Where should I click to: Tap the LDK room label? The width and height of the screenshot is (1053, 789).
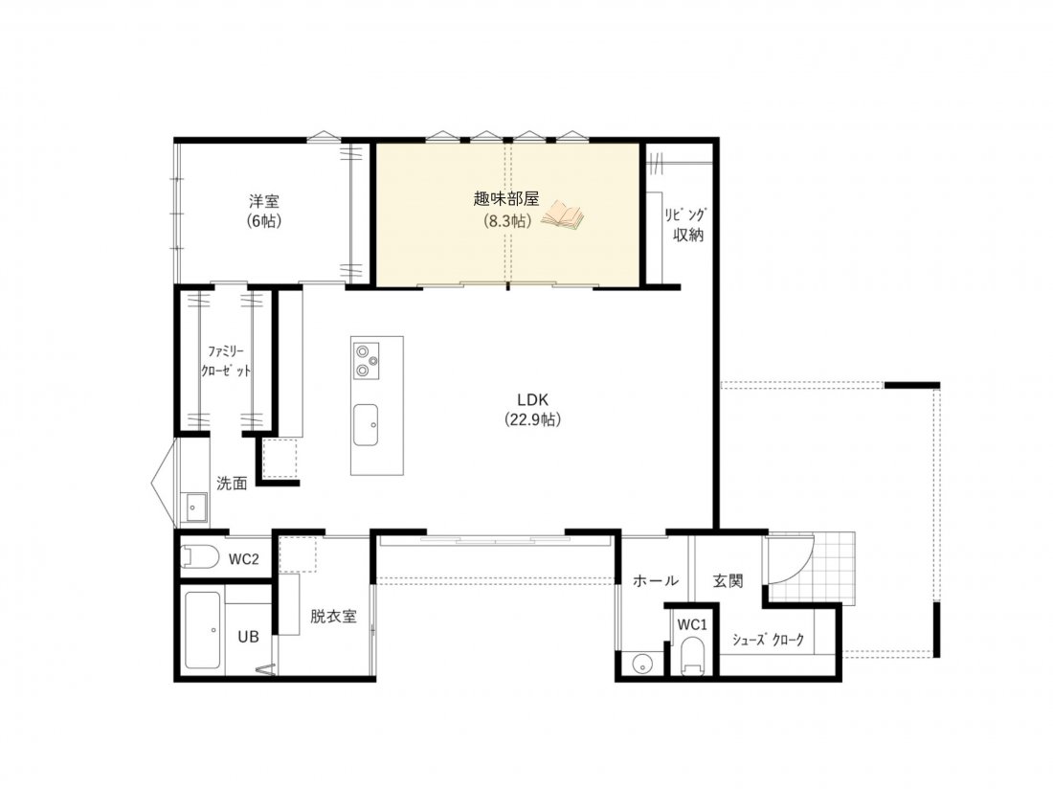[x=532, y=399]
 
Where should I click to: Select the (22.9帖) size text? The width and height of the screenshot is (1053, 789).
[x=532, y=419]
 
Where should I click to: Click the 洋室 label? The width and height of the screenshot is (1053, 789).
[x=264, y=201]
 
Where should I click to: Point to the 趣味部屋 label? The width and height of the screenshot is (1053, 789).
[x=506, y=199]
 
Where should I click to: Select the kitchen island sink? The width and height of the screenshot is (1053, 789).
[x=366, y=424]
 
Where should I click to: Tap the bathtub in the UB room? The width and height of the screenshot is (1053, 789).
[x=204, y=630]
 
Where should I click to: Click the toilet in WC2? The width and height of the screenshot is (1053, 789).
[x=200, y=557]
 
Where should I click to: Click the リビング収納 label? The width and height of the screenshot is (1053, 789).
[x=685, y=225]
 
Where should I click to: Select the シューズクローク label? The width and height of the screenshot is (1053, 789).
[x=768, y=640]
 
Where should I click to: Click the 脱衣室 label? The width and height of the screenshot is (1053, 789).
[x=333, y=617]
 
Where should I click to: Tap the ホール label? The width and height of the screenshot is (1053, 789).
[x=656, y=581]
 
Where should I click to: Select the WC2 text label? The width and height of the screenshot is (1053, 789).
[x=244, y=559]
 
